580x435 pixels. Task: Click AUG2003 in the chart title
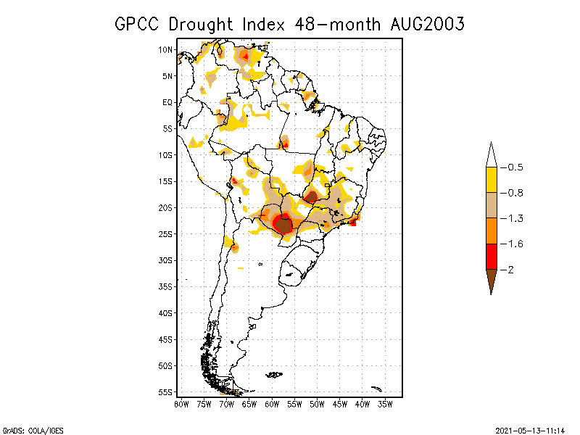(426, 24)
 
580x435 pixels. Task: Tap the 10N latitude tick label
(166, 50)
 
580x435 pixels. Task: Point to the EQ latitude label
(167, 102)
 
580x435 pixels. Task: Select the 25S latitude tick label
(166, 234)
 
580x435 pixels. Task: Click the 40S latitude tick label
(166, 313)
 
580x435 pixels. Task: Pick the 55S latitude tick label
(166, 392)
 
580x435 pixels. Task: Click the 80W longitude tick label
(181, 403)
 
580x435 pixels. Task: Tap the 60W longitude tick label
(272, 403)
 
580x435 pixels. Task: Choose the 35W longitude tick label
(385, 403)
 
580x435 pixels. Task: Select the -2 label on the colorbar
(510, 269)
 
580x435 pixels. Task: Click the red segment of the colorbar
(492, 256)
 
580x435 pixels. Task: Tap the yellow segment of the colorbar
(492, 180)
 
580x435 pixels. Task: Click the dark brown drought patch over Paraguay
(283, 225)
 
